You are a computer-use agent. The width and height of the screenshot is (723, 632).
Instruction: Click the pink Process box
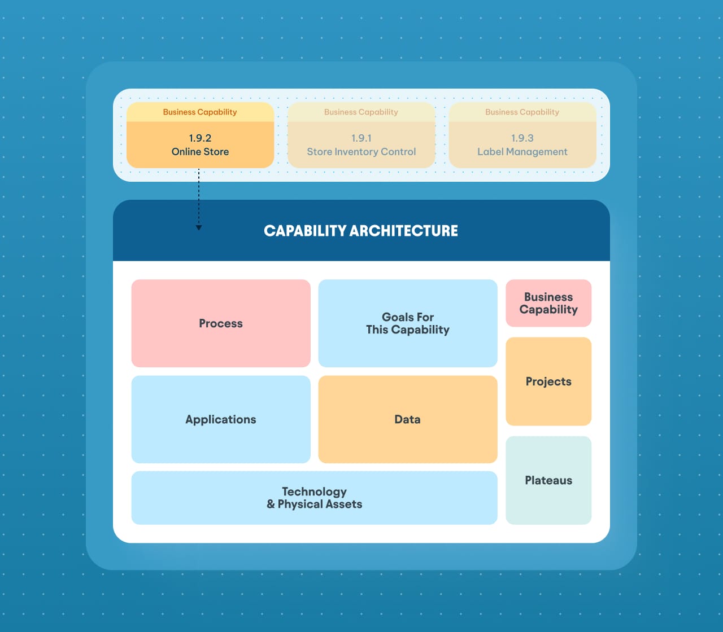click(x=221, y=323)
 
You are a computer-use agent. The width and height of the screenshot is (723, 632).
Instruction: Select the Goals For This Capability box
click(x=407, y=323)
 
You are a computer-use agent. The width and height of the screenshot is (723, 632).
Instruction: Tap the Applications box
click(x=221, y=419)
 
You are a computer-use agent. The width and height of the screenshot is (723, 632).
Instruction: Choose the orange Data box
click(x=407, y=419)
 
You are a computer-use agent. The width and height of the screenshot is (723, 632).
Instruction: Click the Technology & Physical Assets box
click(x=314, y=498)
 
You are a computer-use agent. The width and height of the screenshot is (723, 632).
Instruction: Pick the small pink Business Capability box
click(x=548, y=303)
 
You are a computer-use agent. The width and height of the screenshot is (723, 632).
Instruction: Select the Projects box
click(x=548, y=381)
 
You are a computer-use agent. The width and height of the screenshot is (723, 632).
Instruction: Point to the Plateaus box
click(x=548, y=480)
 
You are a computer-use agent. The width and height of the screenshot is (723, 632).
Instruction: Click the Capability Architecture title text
click(x=361, y=231)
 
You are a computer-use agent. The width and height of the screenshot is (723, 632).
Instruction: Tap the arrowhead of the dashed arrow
click(x=199, y=227)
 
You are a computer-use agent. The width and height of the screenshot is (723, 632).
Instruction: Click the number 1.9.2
click(x=200, y=138)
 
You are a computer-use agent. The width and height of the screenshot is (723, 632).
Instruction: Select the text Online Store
click(x=200, y=152)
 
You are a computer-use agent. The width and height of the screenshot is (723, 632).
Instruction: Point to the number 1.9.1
click(x=361, y=138)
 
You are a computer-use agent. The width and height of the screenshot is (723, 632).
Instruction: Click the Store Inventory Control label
click(x=361, y=152)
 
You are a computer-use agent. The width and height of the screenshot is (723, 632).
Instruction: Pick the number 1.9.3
click(x=522, y=138)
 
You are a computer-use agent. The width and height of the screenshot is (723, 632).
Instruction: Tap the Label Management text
click(x=522, y=152)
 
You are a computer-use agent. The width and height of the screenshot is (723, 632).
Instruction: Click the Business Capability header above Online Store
click(x=200, y=112)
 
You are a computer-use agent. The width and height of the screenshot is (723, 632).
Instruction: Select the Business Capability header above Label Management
click(x=522, y=112)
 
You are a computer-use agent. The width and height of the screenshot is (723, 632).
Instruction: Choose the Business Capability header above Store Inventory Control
click(x=361, y=112)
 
